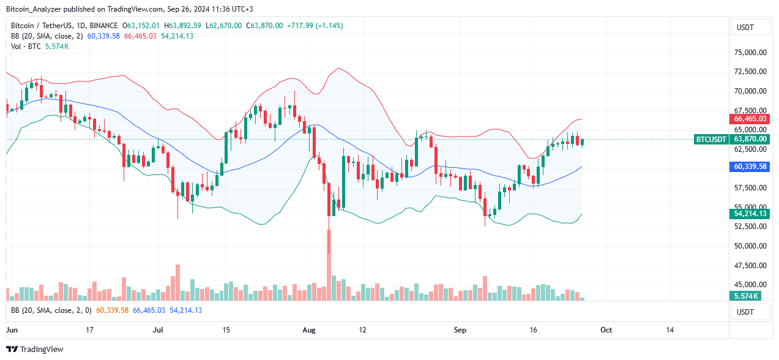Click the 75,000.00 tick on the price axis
[750, 53]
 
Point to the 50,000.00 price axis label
[750, 246]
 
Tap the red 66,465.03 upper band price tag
[750, 119]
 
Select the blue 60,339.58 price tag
[750, 167]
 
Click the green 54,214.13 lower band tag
[750, 214]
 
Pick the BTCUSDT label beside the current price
[711, 140]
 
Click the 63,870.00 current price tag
[750, 140]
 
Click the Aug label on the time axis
[309, 330]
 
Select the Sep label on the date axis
[460, 330]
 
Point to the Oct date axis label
[606, 330]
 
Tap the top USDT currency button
[751, 28]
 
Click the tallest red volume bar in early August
[329, 265]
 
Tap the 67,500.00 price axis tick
[750, 111]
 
